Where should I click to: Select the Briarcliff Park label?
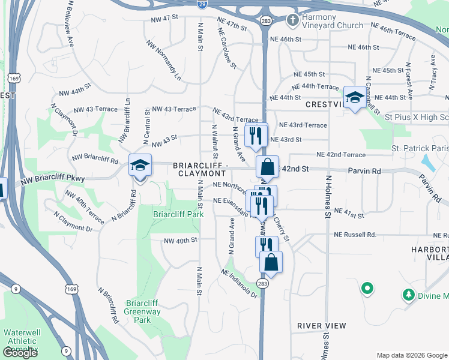[178, 214]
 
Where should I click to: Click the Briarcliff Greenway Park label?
[142, 311]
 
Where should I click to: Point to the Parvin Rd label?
[364, 171]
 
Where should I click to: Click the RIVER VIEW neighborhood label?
[322, 326]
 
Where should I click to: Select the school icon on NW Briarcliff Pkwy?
[140, 165]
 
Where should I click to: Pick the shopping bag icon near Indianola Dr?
[271, 262]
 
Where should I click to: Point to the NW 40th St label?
[181, 241]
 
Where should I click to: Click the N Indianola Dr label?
[239, 284]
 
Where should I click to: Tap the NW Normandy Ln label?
[164, 61]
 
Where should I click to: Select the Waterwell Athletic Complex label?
[22, 341]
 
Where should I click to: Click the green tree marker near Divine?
[408, 295]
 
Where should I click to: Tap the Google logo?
[20, 353]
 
